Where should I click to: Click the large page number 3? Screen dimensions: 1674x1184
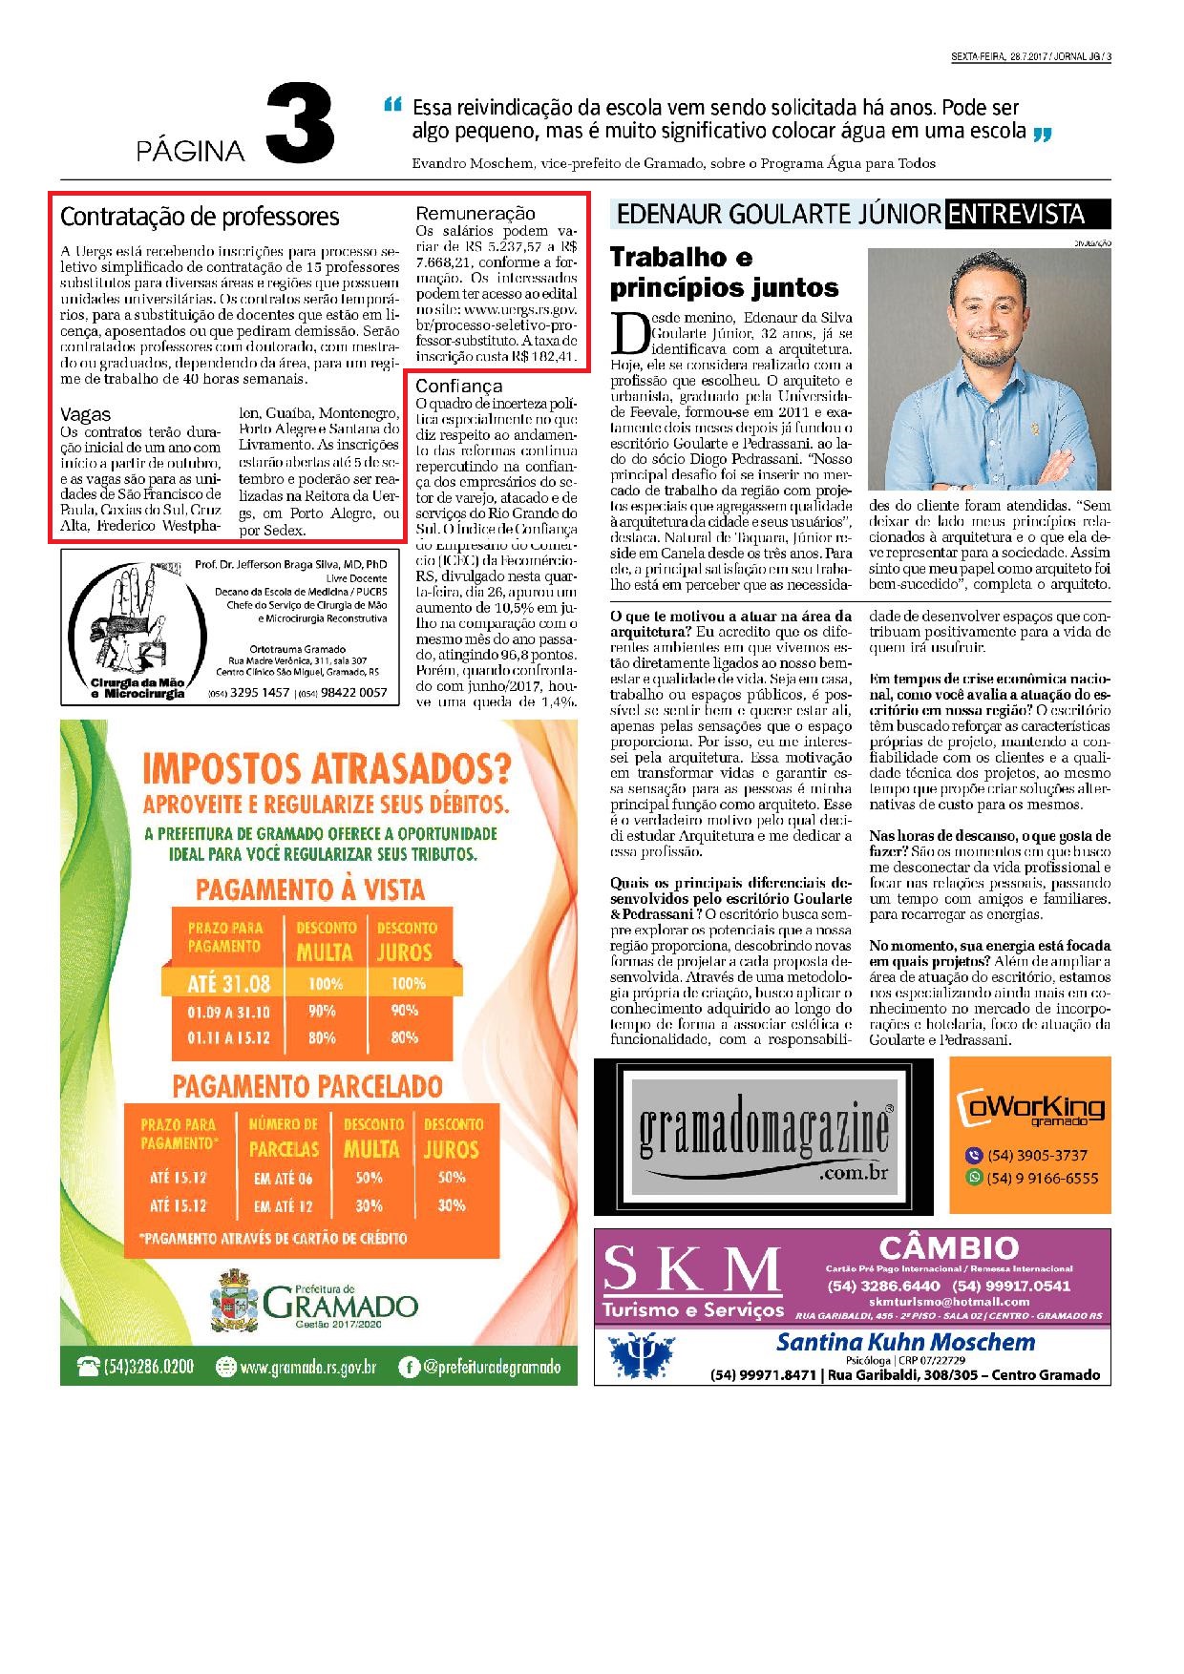[299, 124]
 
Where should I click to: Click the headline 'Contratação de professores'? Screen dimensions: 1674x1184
[200, 218]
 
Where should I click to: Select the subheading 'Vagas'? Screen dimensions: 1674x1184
[85, 414]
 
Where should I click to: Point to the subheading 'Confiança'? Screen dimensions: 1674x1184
[458, 386]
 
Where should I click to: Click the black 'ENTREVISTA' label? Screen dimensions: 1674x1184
[1027, 214]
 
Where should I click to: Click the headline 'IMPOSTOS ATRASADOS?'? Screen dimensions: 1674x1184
[326, 769]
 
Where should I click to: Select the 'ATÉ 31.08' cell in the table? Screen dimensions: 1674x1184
[229, 983]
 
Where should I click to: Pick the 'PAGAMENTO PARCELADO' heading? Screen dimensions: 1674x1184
[307, 1086]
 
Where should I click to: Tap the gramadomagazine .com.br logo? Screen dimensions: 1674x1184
[764, 1137]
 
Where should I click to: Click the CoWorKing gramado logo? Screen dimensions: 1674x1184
[1030, 1107]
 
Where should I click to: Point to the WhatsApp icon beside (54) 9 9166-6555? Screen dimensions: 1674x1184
[974, 1178]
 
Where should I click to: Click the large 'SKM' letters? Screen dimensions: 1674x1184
[691, 1270]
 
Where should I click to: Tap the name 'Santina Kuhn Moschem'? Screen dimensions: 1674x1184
[905, 1342]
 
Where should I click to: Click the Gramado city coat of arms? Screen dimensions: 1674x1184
[234, 1304]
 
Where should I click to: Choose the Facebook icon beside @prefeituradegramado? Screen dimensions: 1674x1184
[409, 1367]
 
